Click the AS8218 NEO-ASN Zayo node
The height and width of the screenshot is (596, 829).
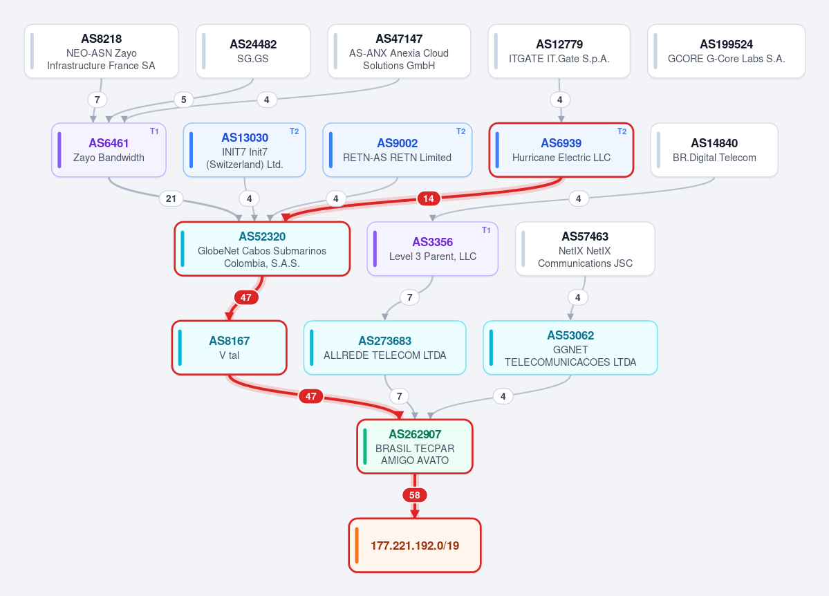pos(102,51)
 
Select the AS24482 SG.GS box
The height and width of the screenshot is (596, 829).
pos(253,51)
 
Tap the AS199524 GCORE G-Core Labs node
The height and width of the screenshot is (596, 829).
pos(727,51)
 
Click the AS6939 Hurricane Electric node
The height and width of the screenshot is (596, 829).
pos(561,150)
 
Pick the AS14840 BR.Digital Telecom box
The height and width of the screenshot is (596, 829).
pos(714,150)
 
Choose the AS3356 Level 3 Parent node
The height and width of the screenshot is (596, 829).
pos(432,249)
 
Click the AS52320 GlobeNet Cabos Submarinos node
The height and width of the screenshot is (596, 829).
pos(262,249)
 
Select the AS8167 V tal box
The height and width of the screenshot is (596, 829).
pos(230,348)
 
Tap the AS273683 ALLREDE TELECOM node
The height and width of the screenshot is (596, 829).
pos(385,348)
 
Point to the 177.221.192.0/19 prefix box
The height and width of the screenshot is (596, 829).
pos(415,546)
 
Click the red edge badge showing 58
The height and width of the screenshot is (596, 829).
pos(415,495)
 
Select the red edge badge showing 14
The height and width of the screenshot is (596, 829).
pos(428,198)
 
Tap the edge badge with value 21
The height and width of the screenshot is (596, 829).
pos(171,198)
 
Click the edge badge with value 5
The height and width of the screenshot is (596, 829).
pos(183,100)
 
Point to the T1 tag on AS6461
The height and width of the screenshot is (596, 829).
pos(154,131)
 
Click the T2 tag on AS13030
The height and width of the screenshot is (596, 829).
pos(294,131)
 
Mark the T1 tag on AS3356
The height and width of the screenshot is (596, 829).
pos(486,230)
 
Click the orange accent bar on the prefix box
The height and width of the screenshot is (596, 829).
pos(357,546)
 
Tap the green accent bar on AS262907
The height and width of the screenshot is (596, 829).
pos(365,447)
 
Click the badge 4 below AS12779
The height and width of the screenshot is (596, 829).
pos(560,100)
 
